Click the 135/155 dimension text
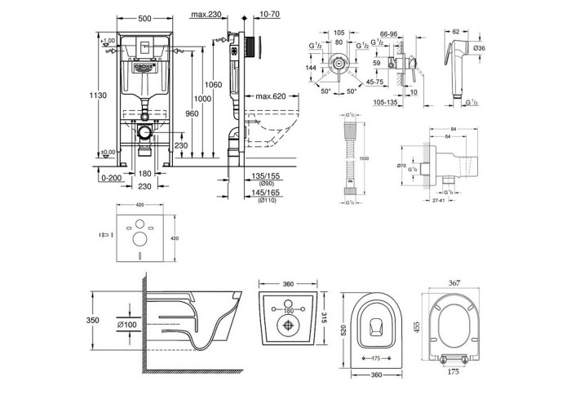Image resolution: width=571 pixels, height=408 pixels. click(266, 175)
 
